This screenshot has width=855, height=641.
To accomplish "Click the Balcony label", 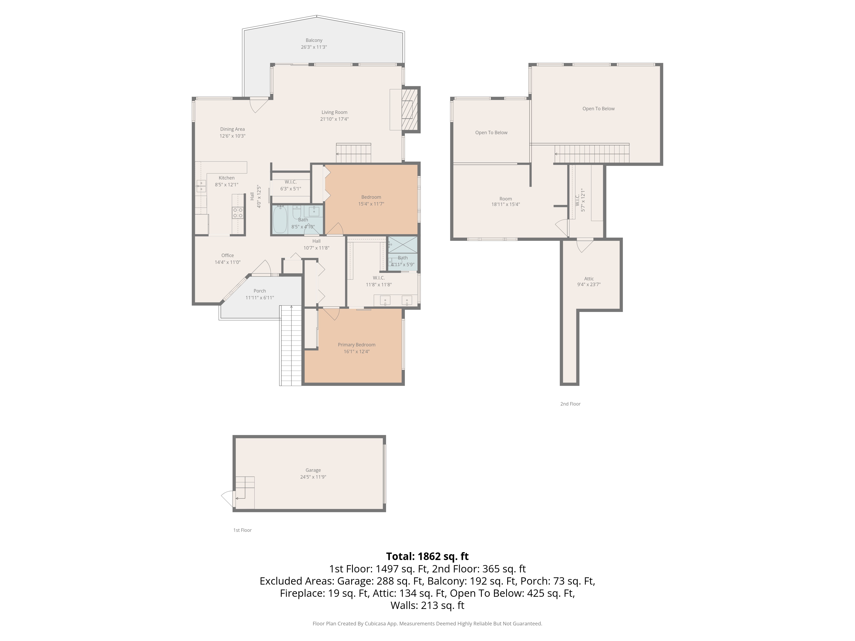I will [314, 40].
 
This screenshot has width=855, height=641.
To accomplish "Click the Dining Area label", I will [232, 129].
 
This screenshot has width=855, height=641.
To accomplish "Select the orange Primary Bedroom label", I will [356, 345].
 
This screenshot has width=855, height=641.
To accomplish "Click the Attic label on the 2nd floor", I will [589, 279].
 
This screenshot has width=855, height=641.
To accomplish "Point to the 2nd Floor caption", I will [570, 404].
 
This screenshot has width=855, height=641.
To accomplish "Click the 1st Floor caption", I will [242, 530].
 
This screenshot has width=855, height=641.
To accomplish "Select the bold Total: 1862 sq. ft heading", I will [427, 556].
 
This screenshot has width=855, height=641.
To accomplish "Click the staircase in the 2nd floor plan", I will [591, 154].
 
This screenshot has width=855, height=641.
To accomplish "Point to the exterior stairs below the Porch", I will [291, 346].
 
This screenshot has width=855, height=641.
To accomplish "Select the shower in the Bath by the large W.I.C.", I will [402, 245].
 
